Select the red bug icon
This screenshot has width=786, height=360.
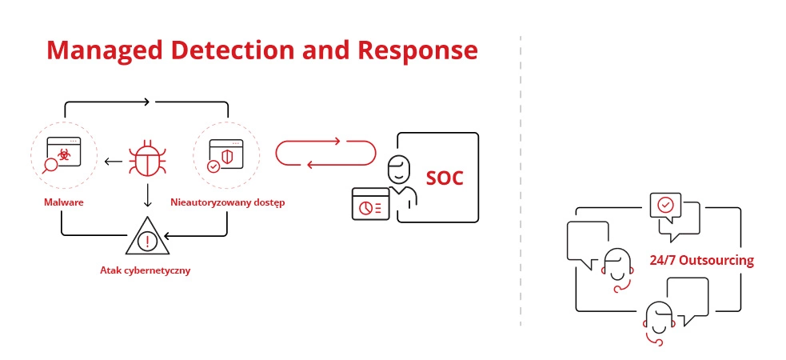[x=147, y=158]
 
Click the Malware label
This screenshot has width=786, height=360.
[x=64, y=202]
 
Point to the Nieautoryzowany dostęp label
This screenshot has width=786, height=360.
[x=228, y=202]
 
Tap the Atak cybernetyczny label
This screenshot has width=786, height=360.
[x=147, y=270]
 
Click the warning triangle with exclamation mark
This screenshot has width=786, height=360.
[x=147, y=238]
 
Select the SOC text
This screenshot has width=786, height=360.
[x=444, y=178]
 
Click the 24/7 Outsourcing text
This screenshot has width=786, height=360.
[x=701, y=261]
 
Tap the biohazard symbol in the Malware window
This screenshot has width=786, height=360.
[x=65, y=154]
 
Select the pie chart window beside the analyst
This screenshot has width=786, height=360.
[x=369, y=204]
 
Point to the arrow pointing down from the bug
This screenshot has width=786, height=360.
[x=147, y=194]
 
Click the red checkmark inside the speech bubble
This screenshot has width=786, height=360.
[x=664, y=205]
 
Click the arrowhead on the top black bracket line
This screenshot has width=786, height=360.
[x=146, y=102]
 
